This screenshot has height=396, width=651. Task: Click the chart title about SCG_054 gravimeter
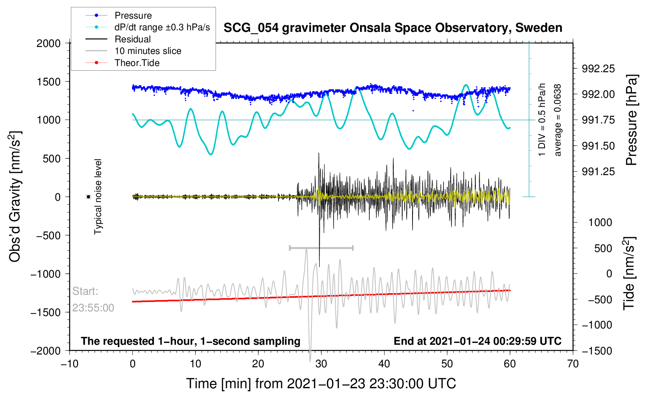(x=393, y=28)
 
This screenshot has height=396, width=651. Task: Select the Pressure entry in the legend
(x=133, y=16)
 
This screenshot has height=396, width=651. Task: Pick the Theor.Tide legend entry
(x=137, y=63)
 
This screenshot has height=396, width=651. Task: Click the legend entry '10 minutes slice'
(x=148, y=51)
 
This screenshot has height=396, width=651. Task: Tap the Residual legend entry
(x=132, y=39)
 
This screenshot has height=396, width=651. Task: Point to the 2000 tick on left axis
(x=49, y=43)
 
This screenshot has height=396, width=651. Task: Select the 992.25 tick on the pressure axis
(x=598, y=69)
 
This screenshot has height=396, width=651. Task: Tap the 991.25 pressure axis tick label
(x=598, y=172)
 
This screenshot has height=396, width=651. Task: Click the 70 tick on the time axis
(x=573, y=364)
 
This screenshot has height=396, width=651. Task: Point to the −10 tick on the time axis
(x=70, y=364)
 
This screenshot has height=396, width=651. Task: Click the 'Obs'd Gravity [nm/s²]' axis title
(x=15, y=197)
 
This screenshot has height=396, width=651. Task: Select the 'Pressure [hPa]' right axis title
(x=632, y=120)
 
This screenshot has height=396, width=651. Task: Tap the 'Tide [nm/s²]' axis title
(x=629, y=273)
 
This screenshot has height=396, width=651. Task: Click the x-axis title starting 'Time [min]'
(x=321, y=384)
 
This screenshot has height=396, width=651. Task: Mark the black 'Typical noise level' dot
(x=89, y=197)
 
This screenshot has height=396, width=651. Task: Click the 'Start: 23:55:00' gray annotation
(x=93, y=299)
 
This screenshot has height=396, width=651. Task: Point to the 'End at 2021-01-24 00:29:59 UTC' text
(x=477, y=341)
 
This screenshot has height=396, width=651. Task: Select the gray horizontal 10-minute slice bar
(x=321, y=248)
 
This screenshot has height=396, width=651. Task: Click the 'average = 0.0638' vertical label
(x=558, y=120)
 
